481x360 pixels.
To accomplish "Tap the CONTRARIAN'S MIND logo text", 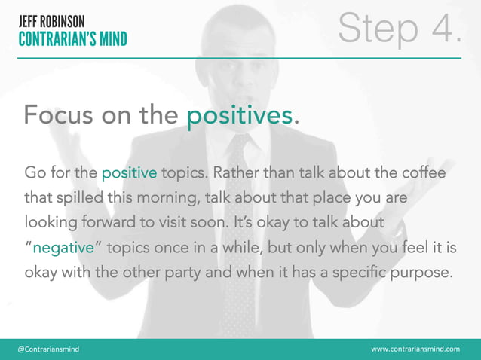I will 73,38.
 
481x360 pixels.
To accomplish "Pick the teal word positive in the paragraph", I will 130,173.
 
